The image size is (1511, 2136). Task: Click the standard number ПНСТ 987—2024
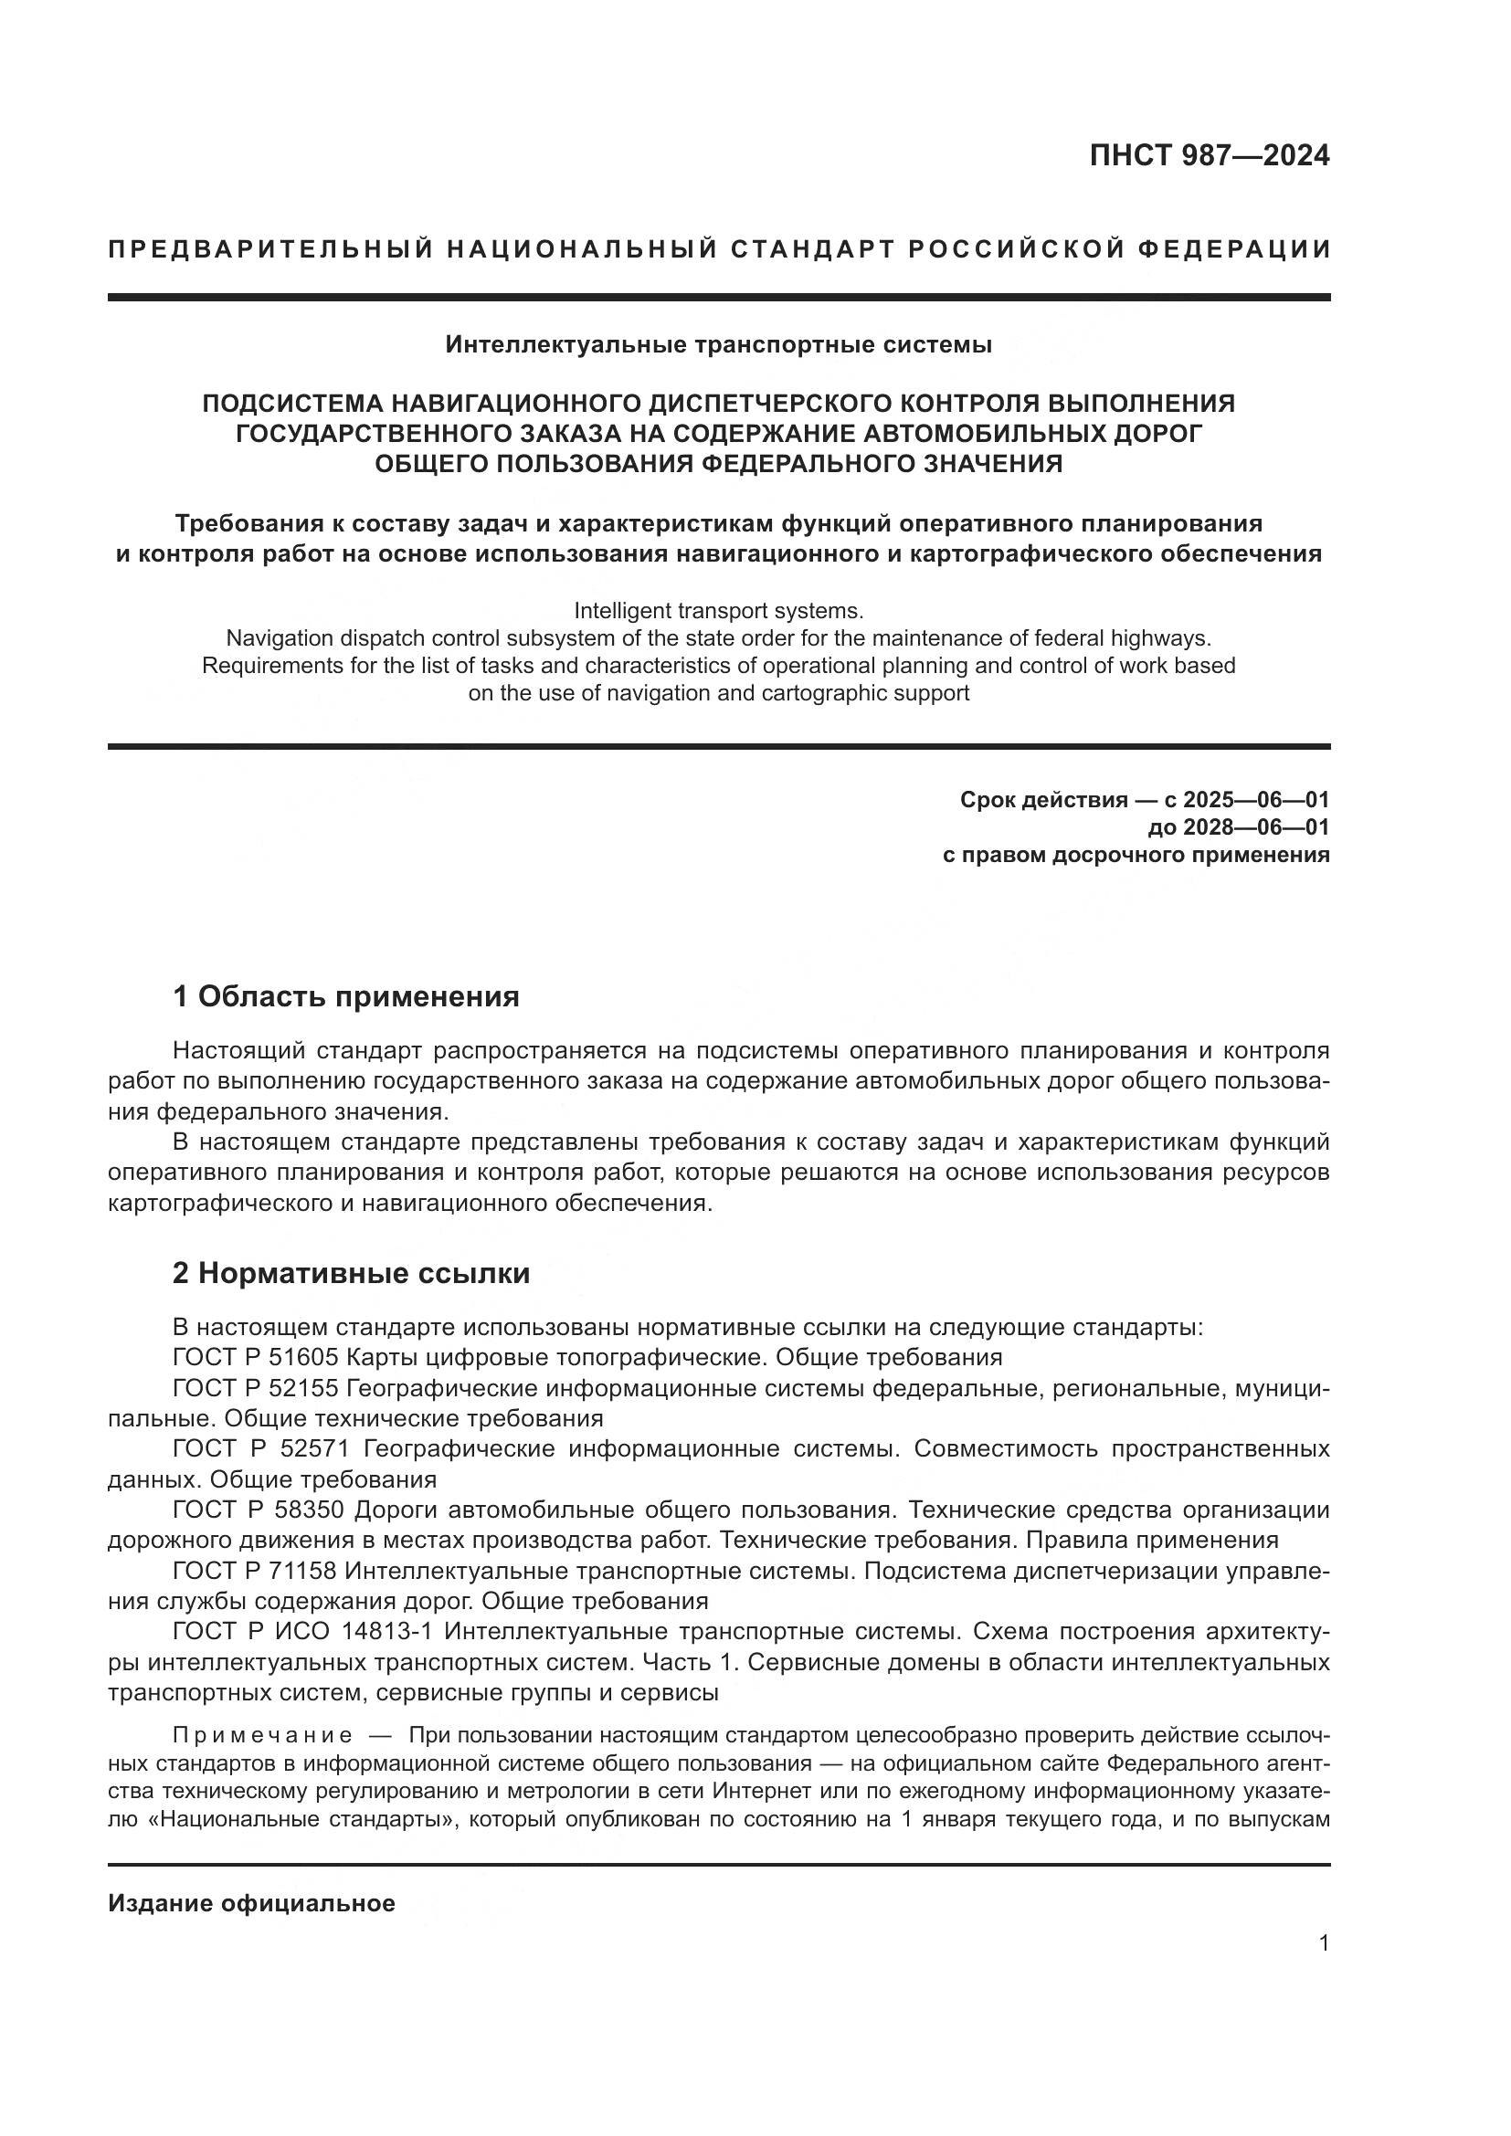click(x=1209, y=156)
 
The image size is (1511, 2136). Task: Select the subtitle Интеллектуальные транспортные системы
click(x=718, y=345)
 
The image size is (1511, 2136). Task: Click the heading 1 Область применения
click(x=345, y=997)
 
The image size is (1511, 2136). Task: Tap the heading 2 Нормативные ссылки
click(x=351, y=1274)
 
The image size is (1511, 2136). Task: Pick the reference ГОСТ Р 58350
click(x=259, y=1509)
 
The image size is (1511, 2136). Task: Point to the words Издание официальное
click(x=251, y=1903)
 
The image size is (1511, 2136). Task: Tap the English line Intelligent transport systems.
click(x=718, y=611)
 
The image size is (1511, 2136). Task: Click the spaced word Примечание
click(x=262, y=1736)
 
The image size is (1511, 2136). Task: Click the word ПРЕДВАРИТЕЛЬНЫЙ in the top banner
click(x=269, y=249)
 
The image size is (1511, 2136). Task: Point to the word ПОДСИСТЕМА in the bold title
click(x=292, y=404)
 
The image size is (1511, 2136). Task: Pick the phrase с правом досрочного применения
click(x=1136, y=854)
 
